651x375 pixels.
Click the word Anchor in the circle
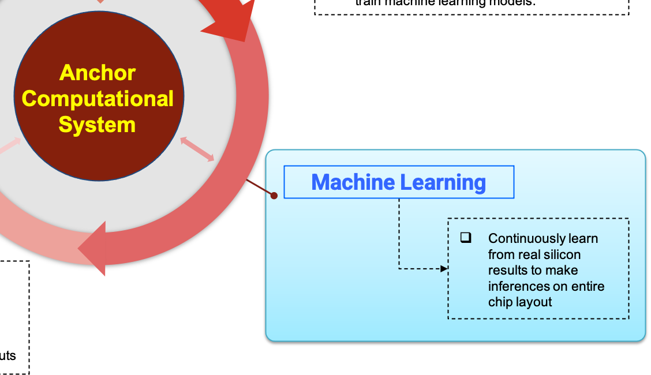[98, 73]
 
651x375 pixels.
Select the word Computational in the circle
[98, 99]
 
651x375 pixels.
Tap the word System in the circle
[97, 125]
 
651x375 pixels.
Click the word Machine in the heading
[353, 182]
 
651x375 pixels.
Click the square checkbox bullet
[466, 237]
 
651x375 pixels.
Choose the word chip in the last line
[500, 302]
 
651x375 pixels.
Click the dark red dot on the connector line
[274, 196]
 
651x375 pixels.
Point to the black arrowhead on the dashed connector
[444, 268]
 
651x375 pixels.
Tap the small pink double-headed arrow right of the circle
[197, 149]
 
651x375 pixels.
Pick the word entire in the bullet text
[588, 286]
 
